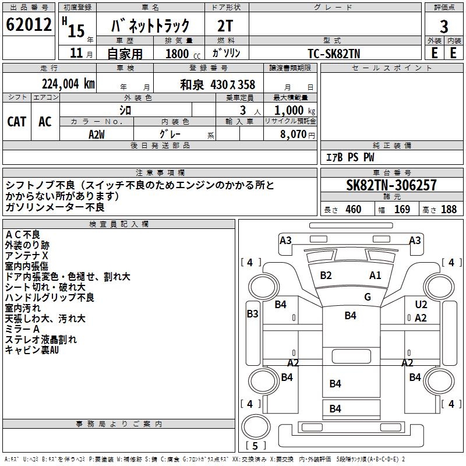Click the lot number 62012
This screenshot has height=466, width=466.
pyautogui.click(x=28, y=25)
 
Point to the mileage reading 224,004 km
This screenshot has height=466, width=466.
pyautogui.click(x=68, y=84)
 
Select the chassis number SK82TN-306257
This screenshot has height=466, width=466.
pyautogui.click(x=391, y=186)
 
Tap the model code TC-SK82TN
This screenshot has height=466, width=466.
pyautogui.click(x=333, y=52)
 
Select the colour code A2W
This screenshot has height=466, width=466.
pyautogui.click(x=97, y=134)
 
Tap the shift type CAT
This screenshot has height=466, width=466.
pyautogui.click(x=17, y=121)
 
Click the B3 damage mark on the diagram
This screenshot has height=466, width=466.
pyautogui.click(x=252, y=314)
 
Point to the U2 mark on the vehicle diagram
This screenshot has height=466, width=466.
pyautogui.click(x=421, y=305)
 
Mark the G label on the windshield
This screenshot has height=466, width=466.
pyautogui.click(x=368, y=297)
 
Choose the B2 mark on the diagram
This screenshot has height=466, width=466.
pyautogui.click(x=326, y=276)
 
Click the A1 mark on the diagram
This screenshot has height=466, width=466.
pyautogui.click(x=375, y=276)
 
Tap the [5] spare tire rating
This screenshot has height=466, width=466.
pyautogui.click(x=256, y=446)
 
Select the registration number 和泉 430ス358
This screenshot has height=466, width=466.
pyautogui.click(x=217, y=84)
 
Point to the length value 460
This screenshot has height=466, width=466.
pyautogui.click(x=353, y=210)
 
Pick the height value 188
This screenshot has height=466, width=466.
pyautogui.click(x=449, y=210)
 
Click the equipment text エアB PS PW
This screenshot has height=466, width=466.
pyautogui.click(x=349, y=157)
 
